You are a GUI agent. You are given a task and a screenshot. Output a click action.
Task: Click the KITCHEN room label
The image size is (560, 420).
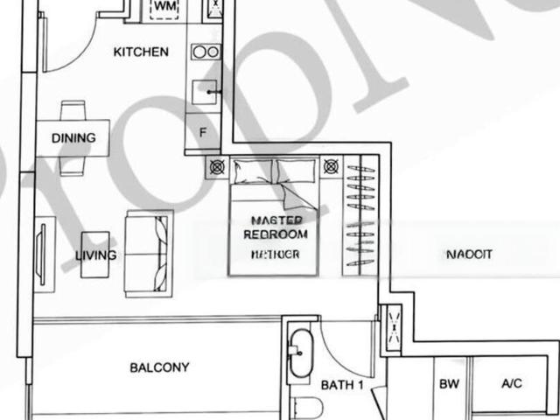pyautogui.click(x=141, y=52)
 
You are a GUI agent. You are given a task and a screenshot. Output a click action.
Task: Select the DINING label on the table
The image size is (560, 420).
pyautogui.click(x=73, y=138)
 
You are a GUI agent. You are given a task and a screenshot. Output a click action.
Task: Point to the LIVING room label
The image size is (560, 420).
pyautogui.click(x=95, y=255)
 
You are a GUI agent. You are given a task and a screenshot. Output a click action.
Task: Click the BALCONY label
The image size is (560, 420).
pyautogui.click(x=159, y=367)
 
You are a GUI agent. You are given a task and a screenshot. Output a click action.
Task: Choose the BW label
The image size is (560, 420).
pyautogui.click(x=449, y=384)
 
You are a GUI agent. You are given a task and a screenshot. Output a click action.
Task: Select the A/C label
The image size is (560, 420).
pyautogui.click(x=511, y=383)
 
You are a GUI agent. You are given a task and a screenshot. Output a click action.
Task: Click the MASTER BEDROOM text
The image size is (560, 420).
pyautogui.click(x=276, y=227)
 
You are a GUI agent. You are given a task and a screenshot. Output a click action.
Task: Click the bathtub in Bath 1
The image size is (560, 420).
pyautogui.click(x=300, y=353)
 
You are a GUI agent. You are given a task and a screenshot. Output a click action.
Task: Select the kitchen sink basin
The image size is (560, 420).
pyautogui.click(x=205, y=92)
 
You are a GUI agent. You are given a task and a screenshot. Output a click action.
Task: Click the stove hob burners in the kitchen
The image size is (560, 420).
pyautogui.click(x=206, y=52)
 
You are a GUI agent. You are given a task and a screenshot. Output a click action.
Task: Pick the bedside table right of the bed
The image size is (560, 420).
pyautogui.click(x=331, y=166)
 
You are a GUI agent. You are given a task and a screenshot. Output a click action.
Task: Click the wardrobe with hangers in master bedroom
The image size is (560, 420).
pyautogui.click(x=360, y=215)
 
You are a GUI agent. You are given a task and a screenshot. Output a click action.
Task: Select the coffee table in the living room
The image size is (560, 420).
pyautogui.click(x=95, y=255)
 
